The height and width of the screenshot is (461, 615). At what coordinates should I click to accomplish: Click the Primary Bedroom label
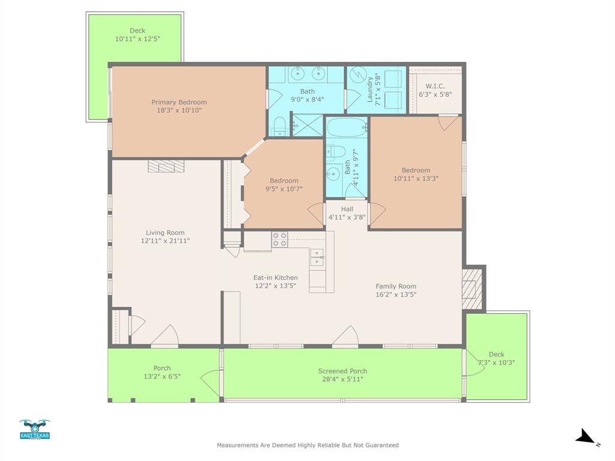[x=179, y=102]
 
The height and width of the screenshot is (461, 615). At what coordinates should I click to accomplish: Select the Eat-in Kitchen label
[x=275, y=277]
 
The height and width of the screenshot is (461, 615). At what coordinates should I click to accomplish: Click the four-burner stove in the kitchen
[x=279, y=240]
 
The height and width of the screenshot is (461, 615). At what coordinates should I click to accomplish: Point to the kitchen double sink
[x=317, y=257]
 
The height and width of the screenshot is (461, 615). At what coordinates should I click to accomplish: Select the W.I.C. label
[x=435, y=86]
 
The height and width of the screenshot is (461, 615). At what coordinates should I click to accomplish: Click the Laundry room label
[x=370, y=89]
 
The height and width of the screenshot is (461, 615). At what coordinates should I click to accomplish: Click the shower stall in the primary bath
[x=307, y=125]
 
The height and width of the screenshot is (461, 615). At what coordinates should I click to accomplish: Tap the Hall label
[x=347, y=209]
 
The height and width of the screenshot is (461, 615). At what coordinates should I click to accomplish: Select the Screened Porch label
[x=342, y=371]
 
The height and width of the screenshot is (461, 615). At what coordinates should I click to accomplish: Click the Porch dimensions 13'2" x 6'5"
[x=162, y=376]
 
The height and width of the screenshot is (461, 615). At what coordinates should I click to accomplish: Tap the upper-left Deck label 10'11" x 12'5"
[x=138, y=38]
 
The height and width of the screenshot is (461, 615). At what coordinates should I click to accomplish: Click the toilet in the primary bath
[x=279, y=126]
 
